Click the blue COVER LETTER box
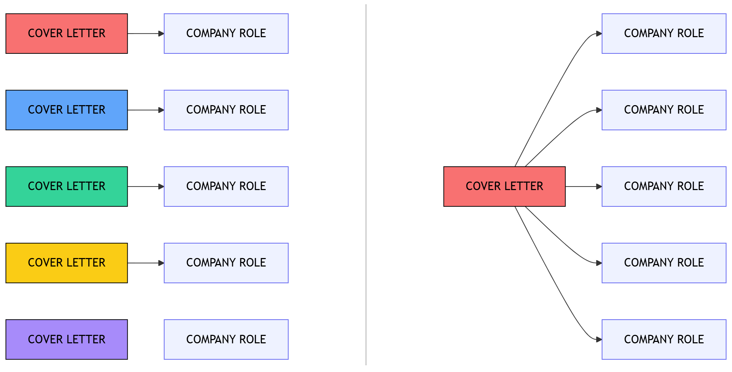pos(66,110)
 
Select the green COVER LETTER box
pos(66,187)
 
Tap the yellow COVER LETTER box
pos(66,263)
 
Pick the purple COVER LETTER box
pos(66,339)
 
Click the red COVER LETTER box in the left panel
pos(66,34)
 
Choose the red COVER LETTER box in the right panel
pos(504,187)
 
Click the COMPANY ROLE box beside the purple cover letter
pos(226,339)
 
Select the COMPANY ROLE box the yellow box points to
pos(226,263)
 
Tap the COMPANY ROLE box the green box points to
pos(226,187)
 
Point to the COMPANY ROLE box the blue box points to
pos(226,110)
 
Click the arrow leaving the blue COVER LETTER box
pos(145,110)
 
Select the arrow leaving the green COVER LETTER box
pos(145,187)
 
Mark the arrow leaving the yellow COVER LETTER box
pos(145,263)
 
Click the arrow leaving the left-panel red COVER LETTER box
pos(145,34)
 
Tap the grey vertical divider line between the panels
pos(366,184)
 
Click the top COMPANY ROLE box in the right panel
pos(664,34)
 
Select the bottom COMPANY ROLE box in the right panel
pos(664,339)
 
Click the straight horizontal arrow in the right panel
pos(583,187)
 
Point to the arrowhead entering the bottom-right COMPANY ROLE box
pos(599,339)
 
